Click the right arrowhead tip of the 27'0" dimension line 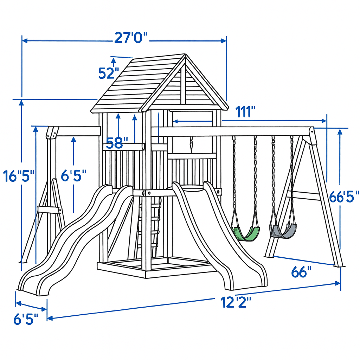click(226, 41)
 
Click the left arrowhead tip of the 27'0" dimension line click(22, 41)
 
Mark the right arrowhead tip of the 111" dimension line click(326, 121)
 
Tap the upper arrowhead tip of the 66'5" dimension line click(340, 129)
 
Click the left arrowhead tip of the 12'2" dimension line click(47, 319)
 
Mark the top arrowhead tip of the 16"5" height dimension click(21, 100)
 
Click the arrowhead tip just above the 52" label click(114, 58)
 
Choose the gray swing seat click(283, 231)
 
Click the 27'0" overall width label click(131, 38)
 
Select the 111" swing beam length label click(245, 112)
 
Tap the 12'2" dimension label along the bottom click(236, 302)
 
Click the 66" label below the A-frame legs click(301, 272)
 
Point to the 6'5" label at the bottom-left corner click(26, 319)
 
